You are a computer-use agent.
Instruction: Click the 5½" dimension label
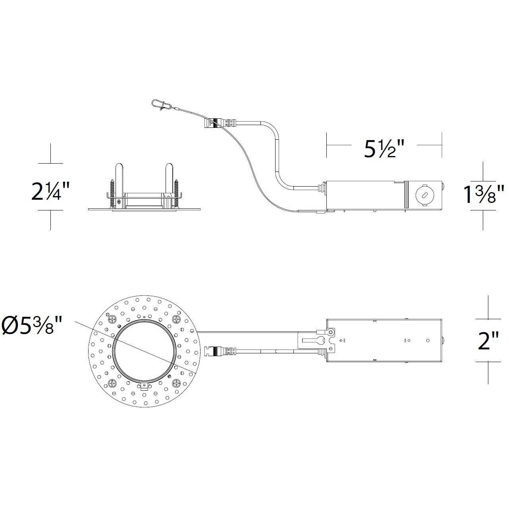click(x=384, y=148)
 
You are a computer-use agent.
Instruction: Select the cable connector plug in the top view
click(x=220, y=351)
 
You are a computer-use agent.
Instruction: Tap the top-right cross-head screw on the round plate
click(x=176, y=318)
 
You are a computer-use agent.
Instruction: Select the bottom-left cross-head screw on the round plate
click(x=111, y=383)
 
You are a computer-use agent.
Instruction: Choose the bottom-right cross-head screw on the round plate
click(x=176, y=383)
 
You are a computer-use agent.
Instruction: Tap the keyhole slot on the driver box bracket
click(x=316, y=340)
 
